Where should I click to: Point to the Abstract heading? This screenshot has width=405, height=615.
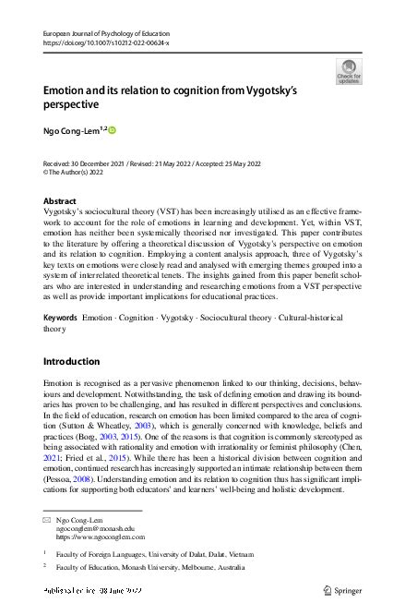(60, 200)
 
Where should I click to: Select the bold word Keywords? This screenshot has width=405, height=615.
(60, 291)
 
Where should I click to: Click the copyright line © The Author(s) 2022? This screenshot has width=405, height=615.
(79, 172)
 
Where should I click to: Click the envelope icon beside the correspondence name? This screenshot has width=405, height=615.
(47, 519)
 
